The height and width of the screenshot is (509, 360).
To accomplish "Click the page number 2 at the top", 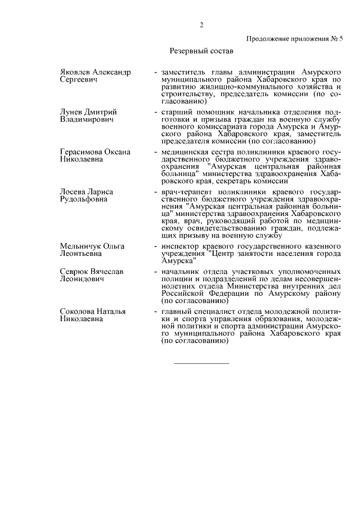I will click(201, 24).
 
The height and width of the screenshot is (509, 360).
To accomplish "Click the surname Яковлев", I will click(78, 73).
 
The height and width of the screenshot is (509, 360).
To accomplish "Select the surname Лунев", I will click(71, 112).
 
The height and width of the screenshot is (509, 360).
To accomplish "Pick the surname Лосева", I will click(73, 192).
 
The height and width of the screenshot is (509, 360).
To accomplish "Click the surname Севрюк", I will click(75, 272).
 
